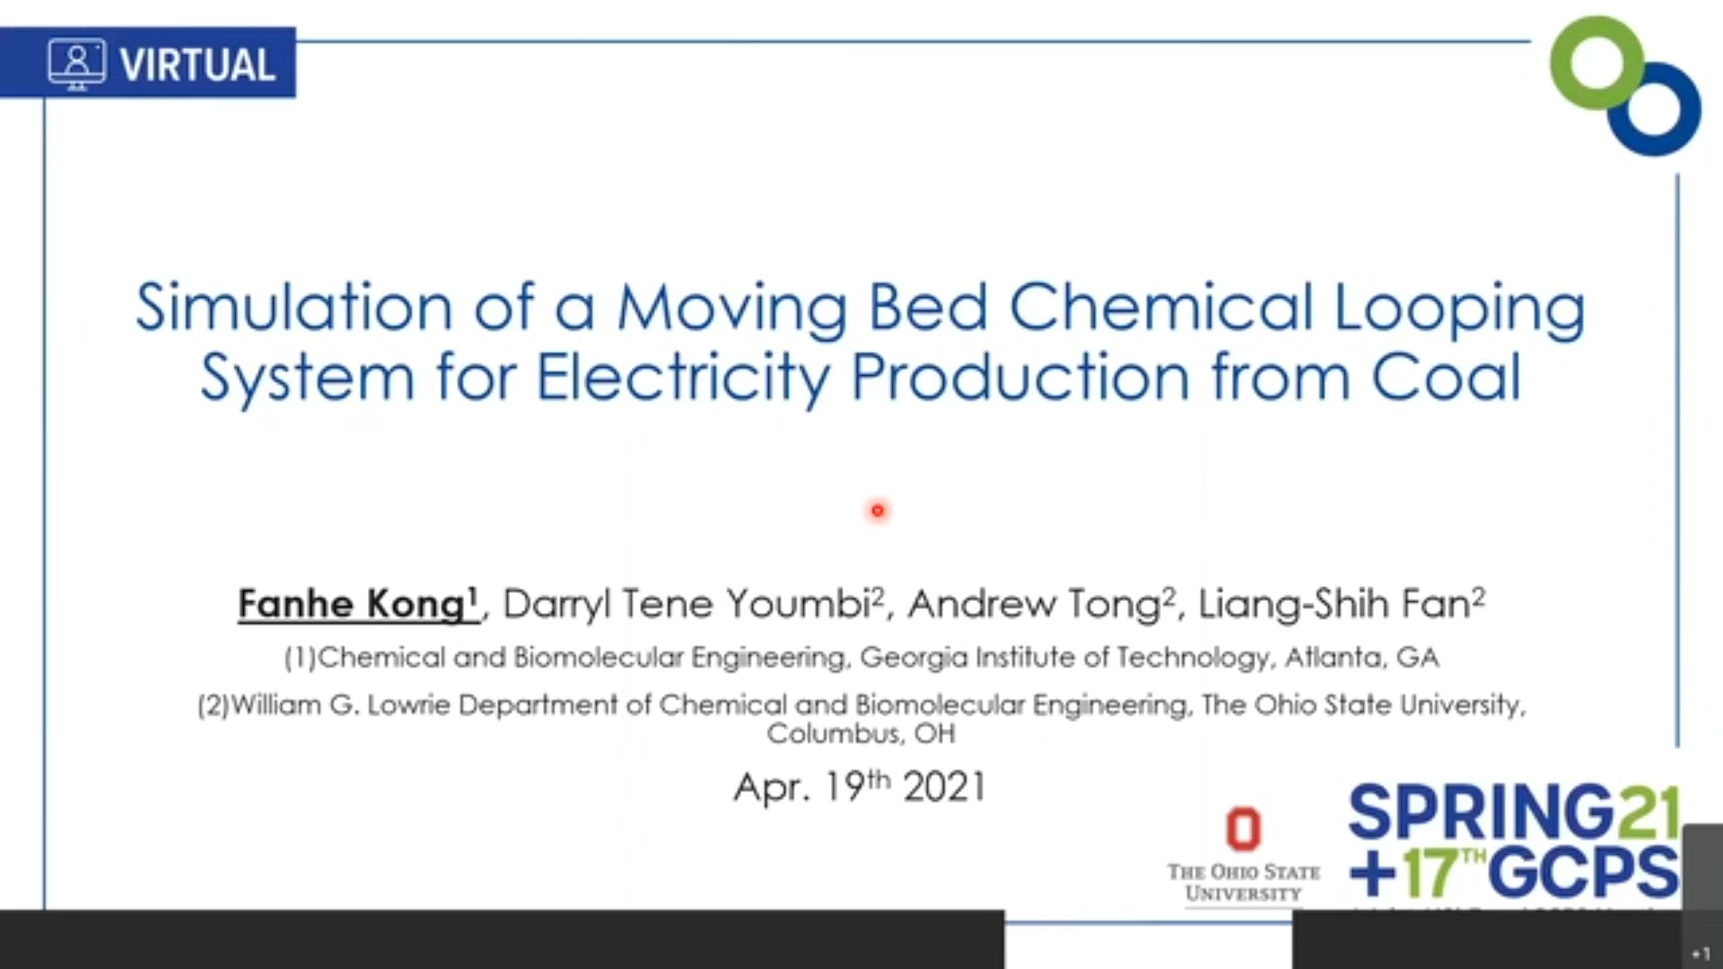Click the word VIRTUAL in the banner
point(197,65)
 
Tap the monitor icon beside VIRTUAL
point(76,64)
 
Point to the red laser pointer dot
point(878,511)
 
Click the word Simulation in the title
point(293,307)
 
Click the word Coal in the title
point(1446,376)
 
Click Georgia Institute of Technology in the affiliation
point(1064,658)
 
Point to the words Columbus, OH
point(861,734)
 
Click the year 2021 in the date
point(944,787)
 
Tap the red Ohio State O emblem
point(1244,828)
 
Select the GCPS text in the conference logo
point(1584,871)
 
